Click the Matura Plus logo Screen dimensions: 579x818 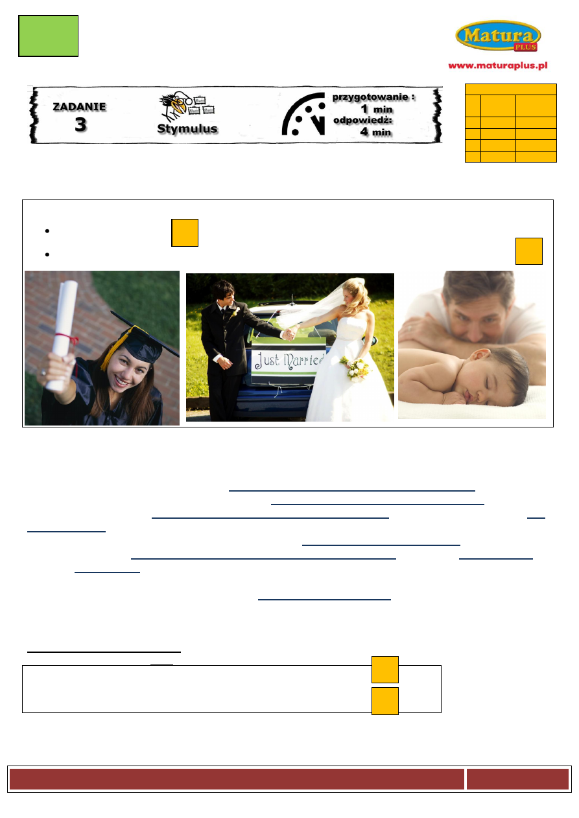point(498,36)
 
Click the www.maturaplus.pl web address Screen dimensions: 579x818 point(498,65)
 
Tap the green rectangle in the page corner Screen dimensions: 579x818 point(48,36)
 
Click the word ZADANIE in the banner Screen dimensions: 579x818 point(79,107)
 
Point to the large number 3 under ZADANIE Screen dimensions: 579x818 point(81,124)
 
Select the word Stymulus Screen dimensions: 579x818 point(187,128)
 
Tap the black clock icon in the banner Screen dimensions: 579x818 point(303,114)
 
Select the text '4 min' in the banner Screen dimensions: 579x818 point(376,131)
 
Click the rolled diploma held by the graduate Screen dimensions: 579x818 point(63,334)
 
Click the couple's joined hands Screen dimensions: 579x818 point(289,334)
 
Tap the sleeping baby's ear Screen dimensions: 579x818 point(480,356)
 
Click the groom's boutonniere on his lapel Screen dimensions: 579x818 point(233,312)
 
